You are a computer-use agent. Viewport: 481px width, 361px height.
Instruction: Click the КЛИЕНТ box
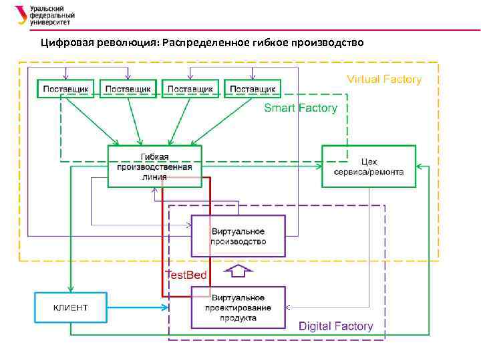tap(70, 308)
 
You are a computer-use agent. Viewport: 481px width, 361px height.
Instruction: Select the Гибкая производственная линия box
tap(154, 166)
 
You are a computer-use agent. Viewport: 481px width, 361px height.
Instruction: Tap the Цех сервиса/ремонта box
tap(368, 166)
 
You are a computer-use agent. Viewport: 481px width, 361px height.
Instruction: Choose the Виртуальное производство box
tap(238, 236)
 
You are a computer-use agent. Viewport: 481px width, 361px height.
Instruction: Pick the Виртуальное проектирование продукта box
tap(238, 308)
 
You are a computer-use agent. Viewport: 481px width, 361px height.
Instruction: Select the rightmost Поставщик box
tap(253, 88)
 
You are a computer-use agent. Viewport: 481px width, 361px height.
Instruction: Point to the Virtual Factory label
tap(383, 80)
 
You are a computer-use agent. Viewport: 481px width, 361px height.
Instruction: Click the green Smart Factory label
tap(300, 108)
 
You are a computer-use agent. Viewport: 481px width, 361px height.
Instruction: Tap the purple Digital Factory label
tap(335, 326)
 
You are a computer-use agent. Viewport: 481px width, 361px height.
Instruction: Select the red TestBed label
tap(186, 275)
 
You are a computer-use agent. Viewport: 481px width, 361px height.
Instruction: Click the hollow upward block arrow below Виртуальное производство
tap(238, 271)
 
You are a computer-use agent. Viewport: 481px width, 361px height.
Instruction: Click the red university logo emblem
tap(22, 15)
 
